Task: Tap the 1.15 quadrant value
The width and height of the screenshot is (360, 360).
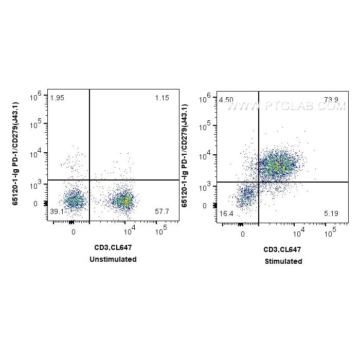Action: point(162,98)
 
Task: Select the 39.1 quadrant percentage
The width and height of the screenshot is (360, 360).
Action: point(57,211)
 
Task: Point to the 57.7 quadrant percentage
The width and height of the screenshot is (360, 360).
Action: point(162,211)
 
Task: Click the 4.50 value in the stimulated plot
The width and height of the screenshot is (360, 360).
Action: point(226,100)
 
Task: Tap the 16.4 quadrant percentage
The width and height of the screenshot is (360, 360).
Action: point(226,213)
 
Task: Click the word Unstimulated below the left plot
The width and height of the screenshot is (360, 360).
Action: point(113,259)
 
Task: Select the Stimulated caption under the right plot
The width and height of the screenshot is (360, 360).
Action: point(283,261)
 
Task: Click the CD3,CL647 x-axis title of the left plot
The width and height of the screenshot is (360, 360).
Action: point(113,247)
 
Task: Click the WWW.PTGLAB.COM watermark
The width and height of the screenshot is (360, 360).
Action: point(286,106)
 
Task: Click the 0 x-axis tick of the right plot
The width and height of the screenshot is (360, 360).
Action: point(242,234)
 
